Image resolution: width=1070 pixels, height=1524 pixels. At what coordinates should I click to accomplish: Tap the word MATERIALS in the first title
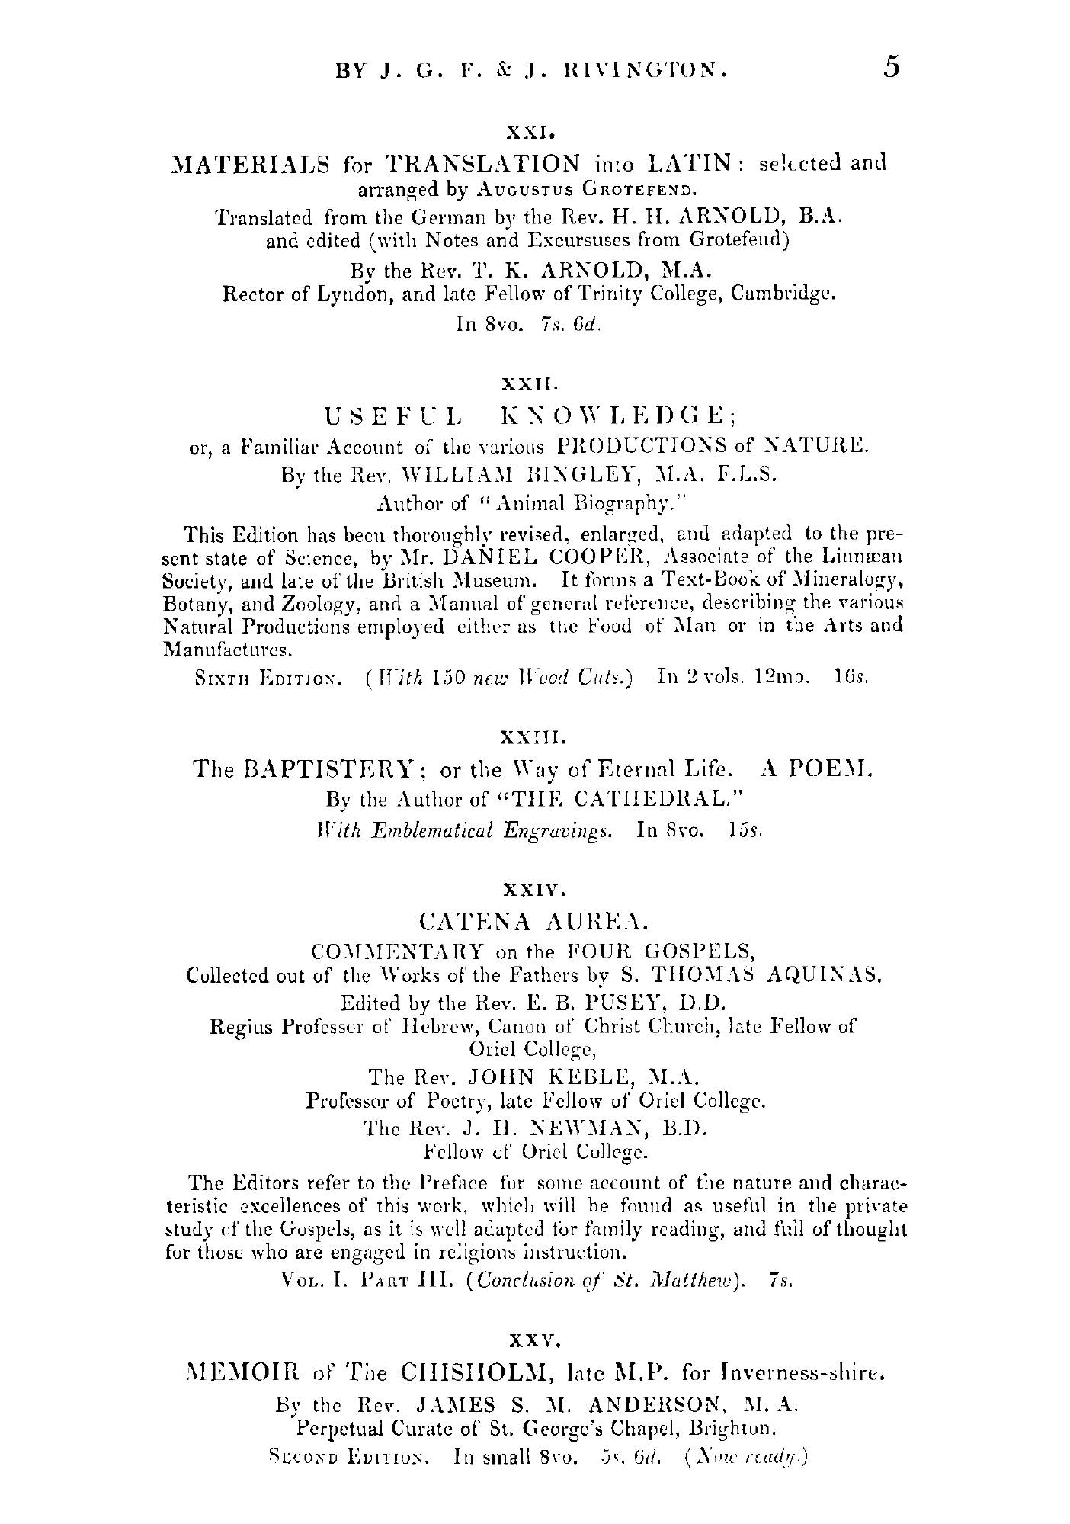(251, 164)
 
